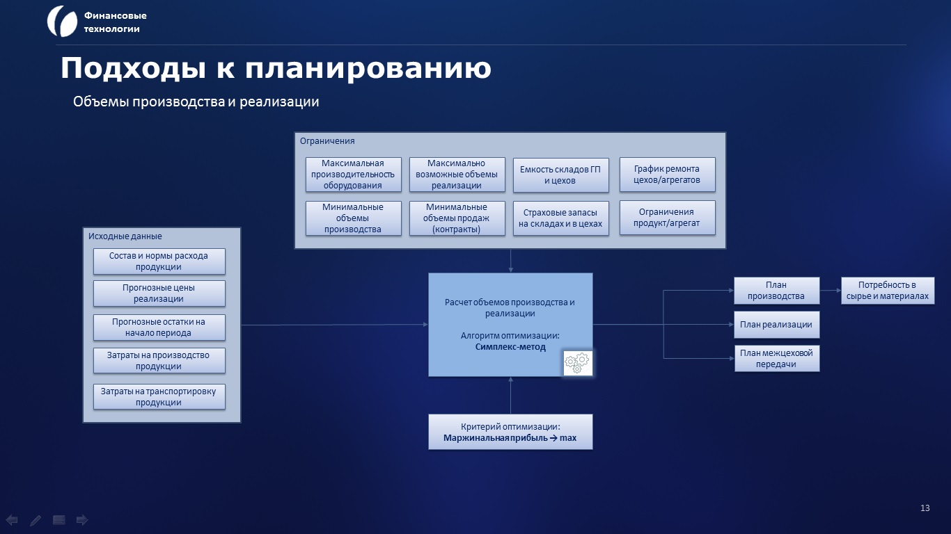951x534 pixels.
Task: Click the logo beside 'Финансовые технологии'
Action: click(62, 22)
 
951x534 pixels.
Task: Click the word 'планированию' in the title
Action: click(368, 68)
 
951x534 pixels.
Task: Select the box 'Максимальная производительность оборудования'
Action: click(353, 175)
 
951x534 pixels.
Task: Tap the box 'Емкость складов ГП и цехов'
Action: click(561, 175)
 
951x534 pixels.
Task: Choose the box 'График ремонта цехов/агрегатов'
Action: click(668, 175)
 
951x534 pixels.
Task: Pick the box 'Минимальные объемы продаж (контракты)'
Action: click(457, 218)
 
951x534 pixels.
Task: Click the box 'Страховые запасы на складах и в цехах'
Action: click(561, 218)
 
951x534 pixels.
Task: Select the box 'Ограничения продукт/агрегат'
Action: click(668, 218)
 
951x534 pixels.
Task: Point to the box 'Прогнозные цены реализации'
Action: click(159, 293)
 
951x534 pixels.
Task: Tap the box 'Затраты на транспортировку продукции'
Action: click(159, 396)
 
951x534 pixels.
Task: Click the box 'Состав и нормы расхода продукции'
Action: click(159, 261)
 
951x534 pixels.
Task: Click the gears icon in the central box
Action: click(578, 363)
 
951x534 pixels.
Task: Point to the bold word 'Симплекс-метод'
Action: click(510, 347)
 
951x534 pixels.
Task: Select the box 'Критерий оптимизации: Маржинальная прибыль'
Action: click(510, 432)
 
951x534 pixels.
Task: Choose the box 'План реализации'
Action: click(776, 325)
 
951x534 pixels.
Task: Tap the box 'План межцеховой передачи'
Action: click(777, 358)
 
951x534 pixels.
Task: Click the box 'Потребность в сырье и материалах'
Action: click(888, 291)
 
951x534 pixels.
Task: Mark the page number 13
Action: click(925, 508)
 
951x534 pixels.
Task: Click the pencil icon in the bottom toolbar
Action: click(36, 520)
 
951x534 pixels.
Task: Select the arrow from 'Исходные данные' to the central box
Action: click(335, 325)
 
